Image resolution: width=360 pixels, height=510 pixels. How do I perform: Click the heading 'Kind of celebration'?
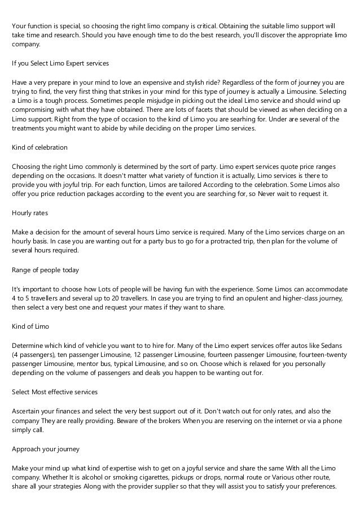[39, 147]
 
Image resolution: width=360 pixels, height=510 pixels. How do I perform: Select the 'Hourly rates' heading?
[30, 213]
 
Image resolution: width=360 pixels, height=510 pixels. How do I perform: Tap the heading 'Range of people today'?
[45, 269]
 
